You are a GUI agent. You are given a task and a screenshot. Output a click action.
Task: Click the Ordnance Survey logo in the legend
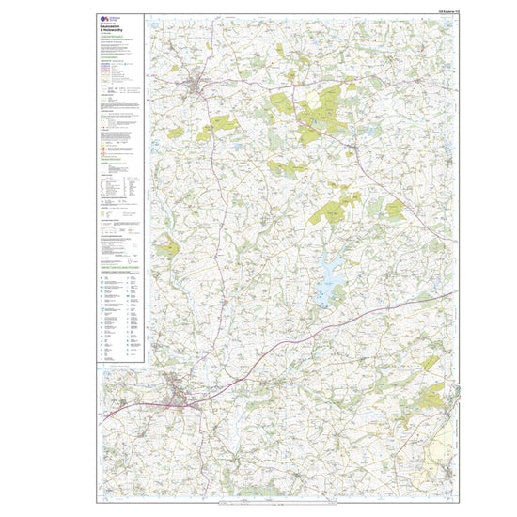click(x=102, y=19)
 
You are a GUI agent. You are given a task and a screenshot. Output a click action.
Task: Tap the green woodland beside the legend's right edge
click(x=166, y=248)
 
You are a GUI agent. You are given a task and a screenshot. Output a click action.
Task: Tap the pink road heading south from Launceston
click(x=188, y=442)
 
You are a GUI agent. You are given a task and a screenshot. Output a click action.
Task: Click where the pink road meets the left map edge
click(x=100, y=415)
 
